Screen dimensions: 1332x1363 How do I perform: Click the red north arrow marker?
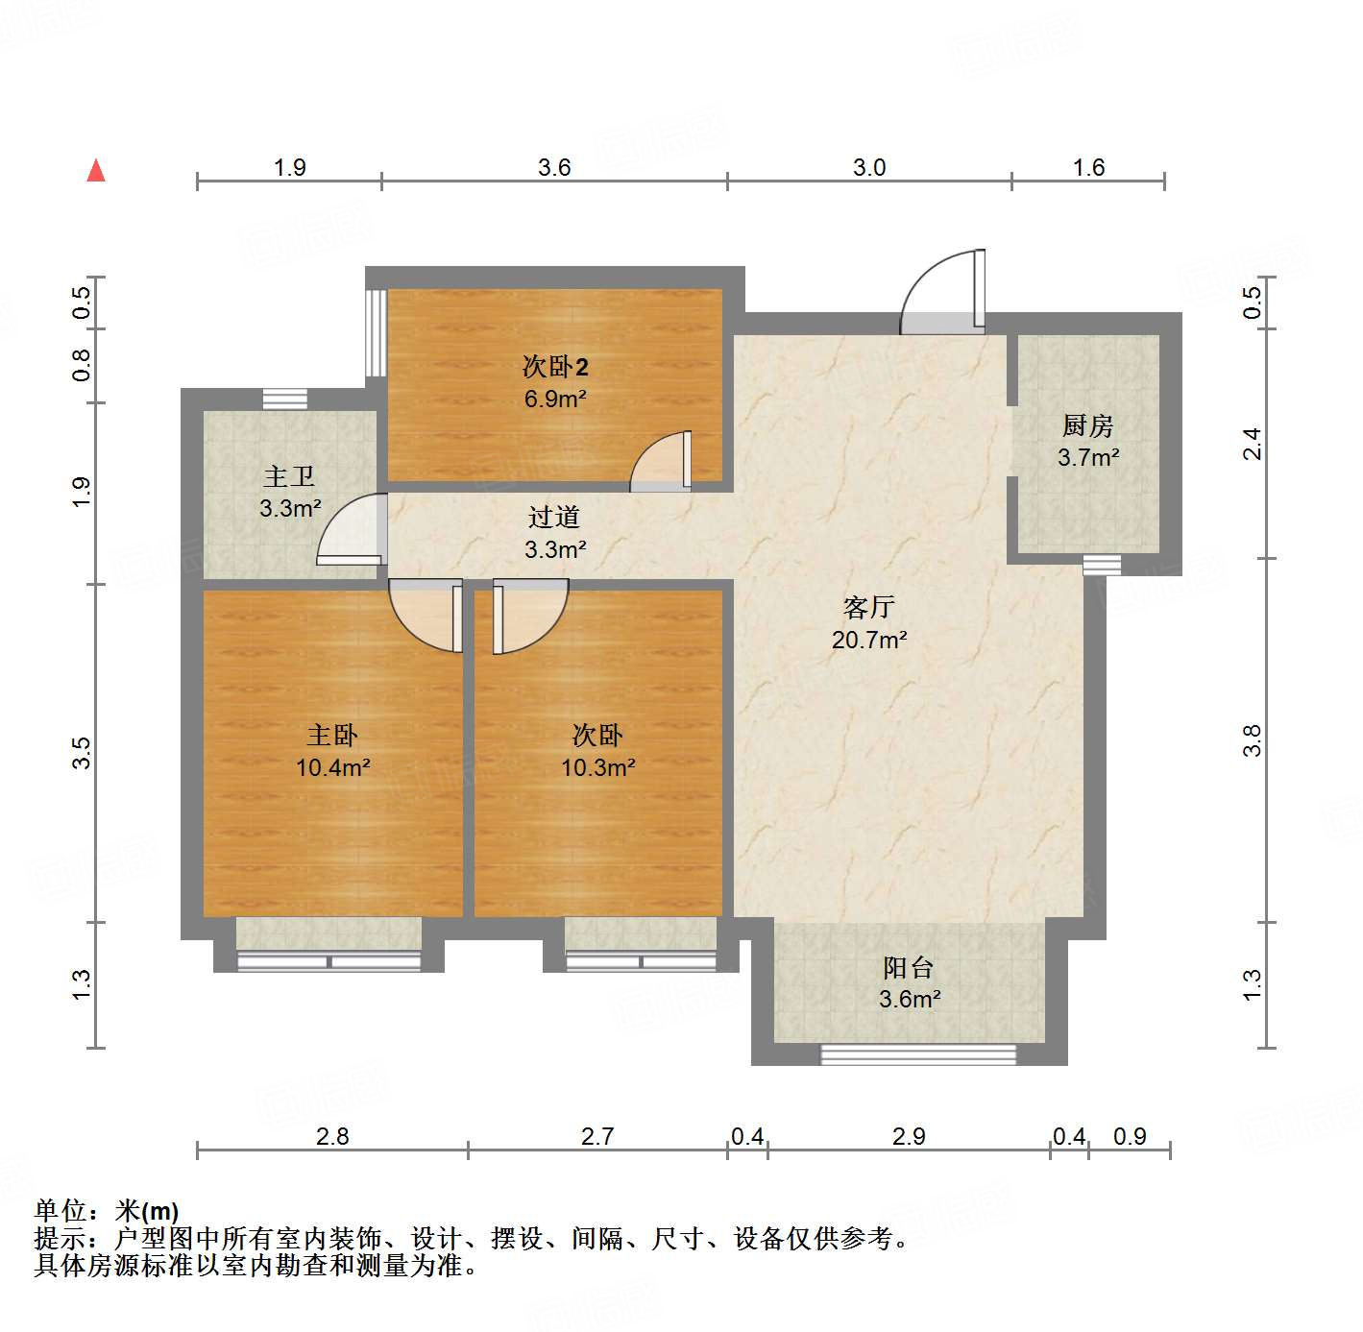pyautogui.click(x=96, y=170)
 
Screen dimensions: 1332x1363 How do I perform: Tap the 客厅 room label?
pyautogui.click(x=869, y=607)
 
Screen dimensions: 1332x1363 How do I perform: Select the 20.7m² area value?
pyautogui.click(x=869, y=640)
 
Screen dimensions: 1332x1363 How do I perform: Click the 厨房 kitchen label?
pyautogui.click(x=1087, y=425)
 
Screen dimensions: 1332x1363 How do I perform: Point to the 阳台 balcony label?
pyautogui.click(x=909, y=967)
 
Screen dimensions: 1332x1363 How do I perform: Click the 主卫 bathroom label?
pyautogui.click(x=289, y=476)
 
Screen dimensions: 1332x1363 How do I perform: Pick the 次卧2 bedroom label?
pyautogui.click(x=555, y=366)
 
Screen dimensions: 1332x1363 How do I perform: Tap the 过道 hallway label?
pyautogui.click(x=554, y=518)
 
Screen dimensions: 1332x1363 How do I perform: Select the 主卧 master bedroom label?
pyautogui.click(x=332, y=736)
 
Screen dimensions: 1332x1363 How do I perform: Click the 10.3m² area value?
pyautogui.click(x=597, y=768)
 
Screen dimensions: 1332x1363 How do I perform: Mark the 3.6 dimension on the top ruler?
pyautogui.click(x=554, y=168)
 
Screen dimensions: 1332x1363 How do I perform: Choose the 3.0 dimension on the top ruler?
pyautogui.click(x=869, y=168)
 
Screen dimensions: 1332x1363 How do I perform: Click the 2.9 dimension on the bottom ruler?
pyautogui.click(x=909, y=1137)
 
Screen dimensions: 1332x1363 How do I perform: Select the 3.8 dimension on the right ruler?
pyautogui.click(x=1252, y=740)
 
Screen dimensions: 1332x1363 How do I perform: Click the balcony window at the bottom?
pyautogui.click(x=917, y=1054)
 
